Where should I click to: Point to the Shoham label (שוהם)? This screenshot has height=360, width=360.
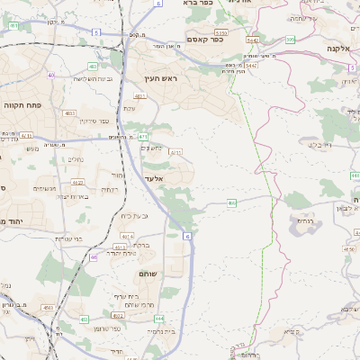pyautogui.click(x=149, y=272)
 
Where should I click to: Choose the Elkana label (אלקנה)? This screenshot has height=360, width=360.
pyautogui.click(x=338, y=49)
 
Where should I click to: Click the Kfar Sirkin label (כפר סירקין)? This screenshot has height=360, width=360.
pyautogui.click(x=94, y=120)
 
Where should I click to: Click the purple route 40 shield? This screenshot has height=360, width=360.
pyautogui.click(x=51, y=75)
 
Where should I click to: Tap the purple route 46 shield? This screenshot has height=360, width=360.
pyautogui.click(x=94, y=257)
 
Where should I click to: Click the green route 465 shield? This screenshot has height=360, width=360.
pyautogui.click(x=231, y=204)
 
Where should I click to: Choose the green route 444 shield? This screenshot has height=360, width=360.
pyautogui.click(x=158, y=318)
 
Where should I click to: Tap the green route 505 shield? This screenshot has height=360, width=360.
pyautogui.click(x=290, y=40)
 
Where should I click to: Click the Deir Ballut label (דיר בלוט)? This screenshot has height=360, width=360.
pyautogui.click(x=320, y=144)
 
